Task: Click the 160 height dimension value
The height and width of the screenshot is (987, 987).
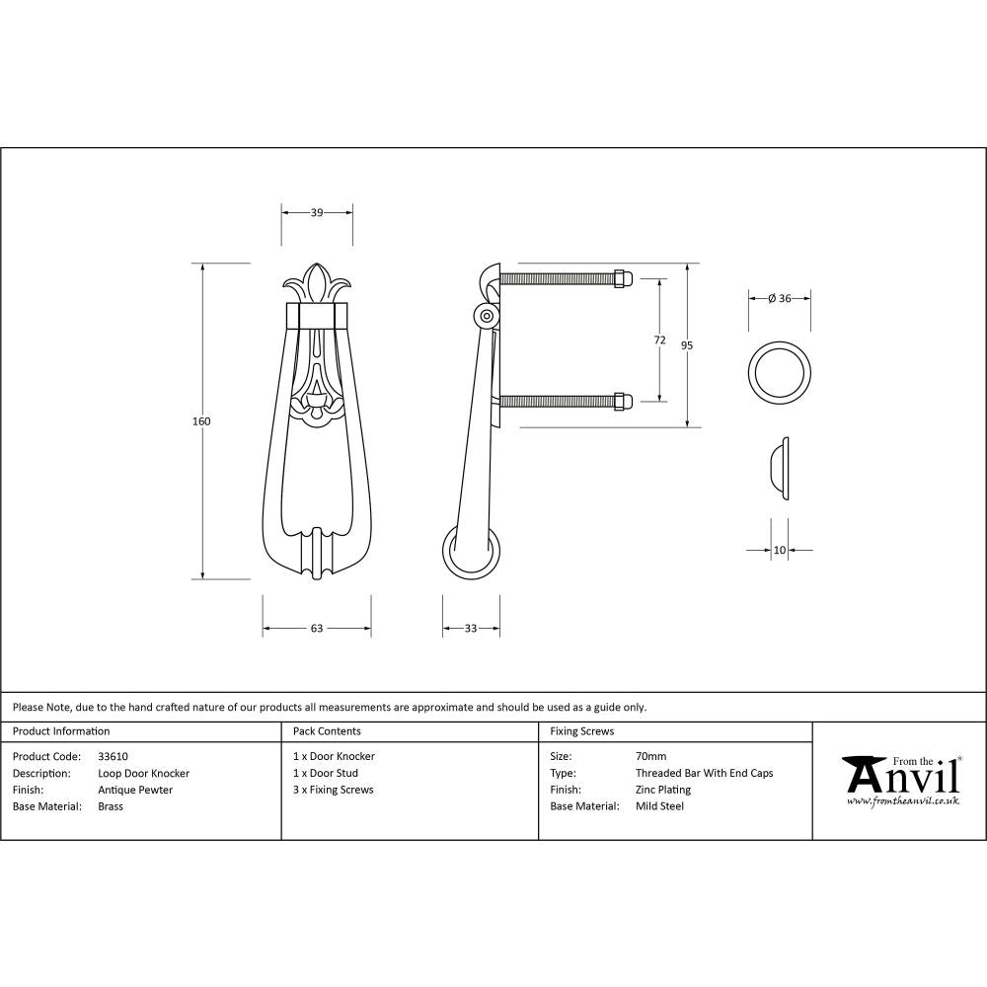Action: (x=201, y=421)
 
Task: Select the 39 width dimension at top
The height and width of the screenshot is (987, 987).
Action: (x=317, y=212)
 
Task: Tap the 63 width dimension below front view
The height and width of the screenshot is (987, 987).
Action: (x=317, y=628)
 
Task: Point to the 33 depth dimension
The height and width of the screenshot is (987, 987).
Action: (x=470, y=628)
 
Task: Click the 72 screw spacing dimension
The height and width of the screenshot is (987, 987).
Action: (x=659, y=340)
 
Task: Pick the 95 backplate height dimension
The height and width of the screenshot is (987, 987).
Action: (x=687, y=344)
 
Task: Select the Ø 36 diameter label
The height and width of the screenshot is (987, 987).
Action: (x=780, y=299)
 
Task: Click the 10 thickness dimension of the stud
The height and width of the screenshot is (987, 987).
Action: (x=780, y=550)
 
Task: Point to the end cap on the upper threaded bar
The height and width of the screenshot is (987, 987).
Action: (x=622, y=278)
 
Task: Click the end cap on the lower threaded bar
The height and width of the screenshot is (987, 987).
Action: (x=622, y=401)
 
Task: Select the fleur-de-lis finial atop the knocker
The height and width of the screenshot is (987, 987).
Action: (x=317, y=283)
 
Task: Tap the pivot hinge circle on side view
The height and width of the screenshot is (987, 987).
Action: (x=485, y=316)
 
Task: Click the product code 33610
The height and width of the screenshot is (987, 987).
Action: (x=113, y=756)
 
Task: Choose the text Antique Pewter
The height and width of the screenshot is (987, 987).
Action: (x=135, y=790)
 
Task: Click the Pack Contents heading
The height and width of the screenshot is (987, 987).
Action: (x=327, y=731)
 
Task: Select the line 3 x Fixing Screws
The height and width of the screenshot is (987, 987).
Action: (x=334, y=790)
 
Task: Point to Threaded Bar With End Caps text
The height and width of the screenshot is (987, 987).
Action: (x=704, y=773)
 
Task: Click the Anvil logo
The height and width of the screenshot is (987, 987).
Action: (x=900, y=780)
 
